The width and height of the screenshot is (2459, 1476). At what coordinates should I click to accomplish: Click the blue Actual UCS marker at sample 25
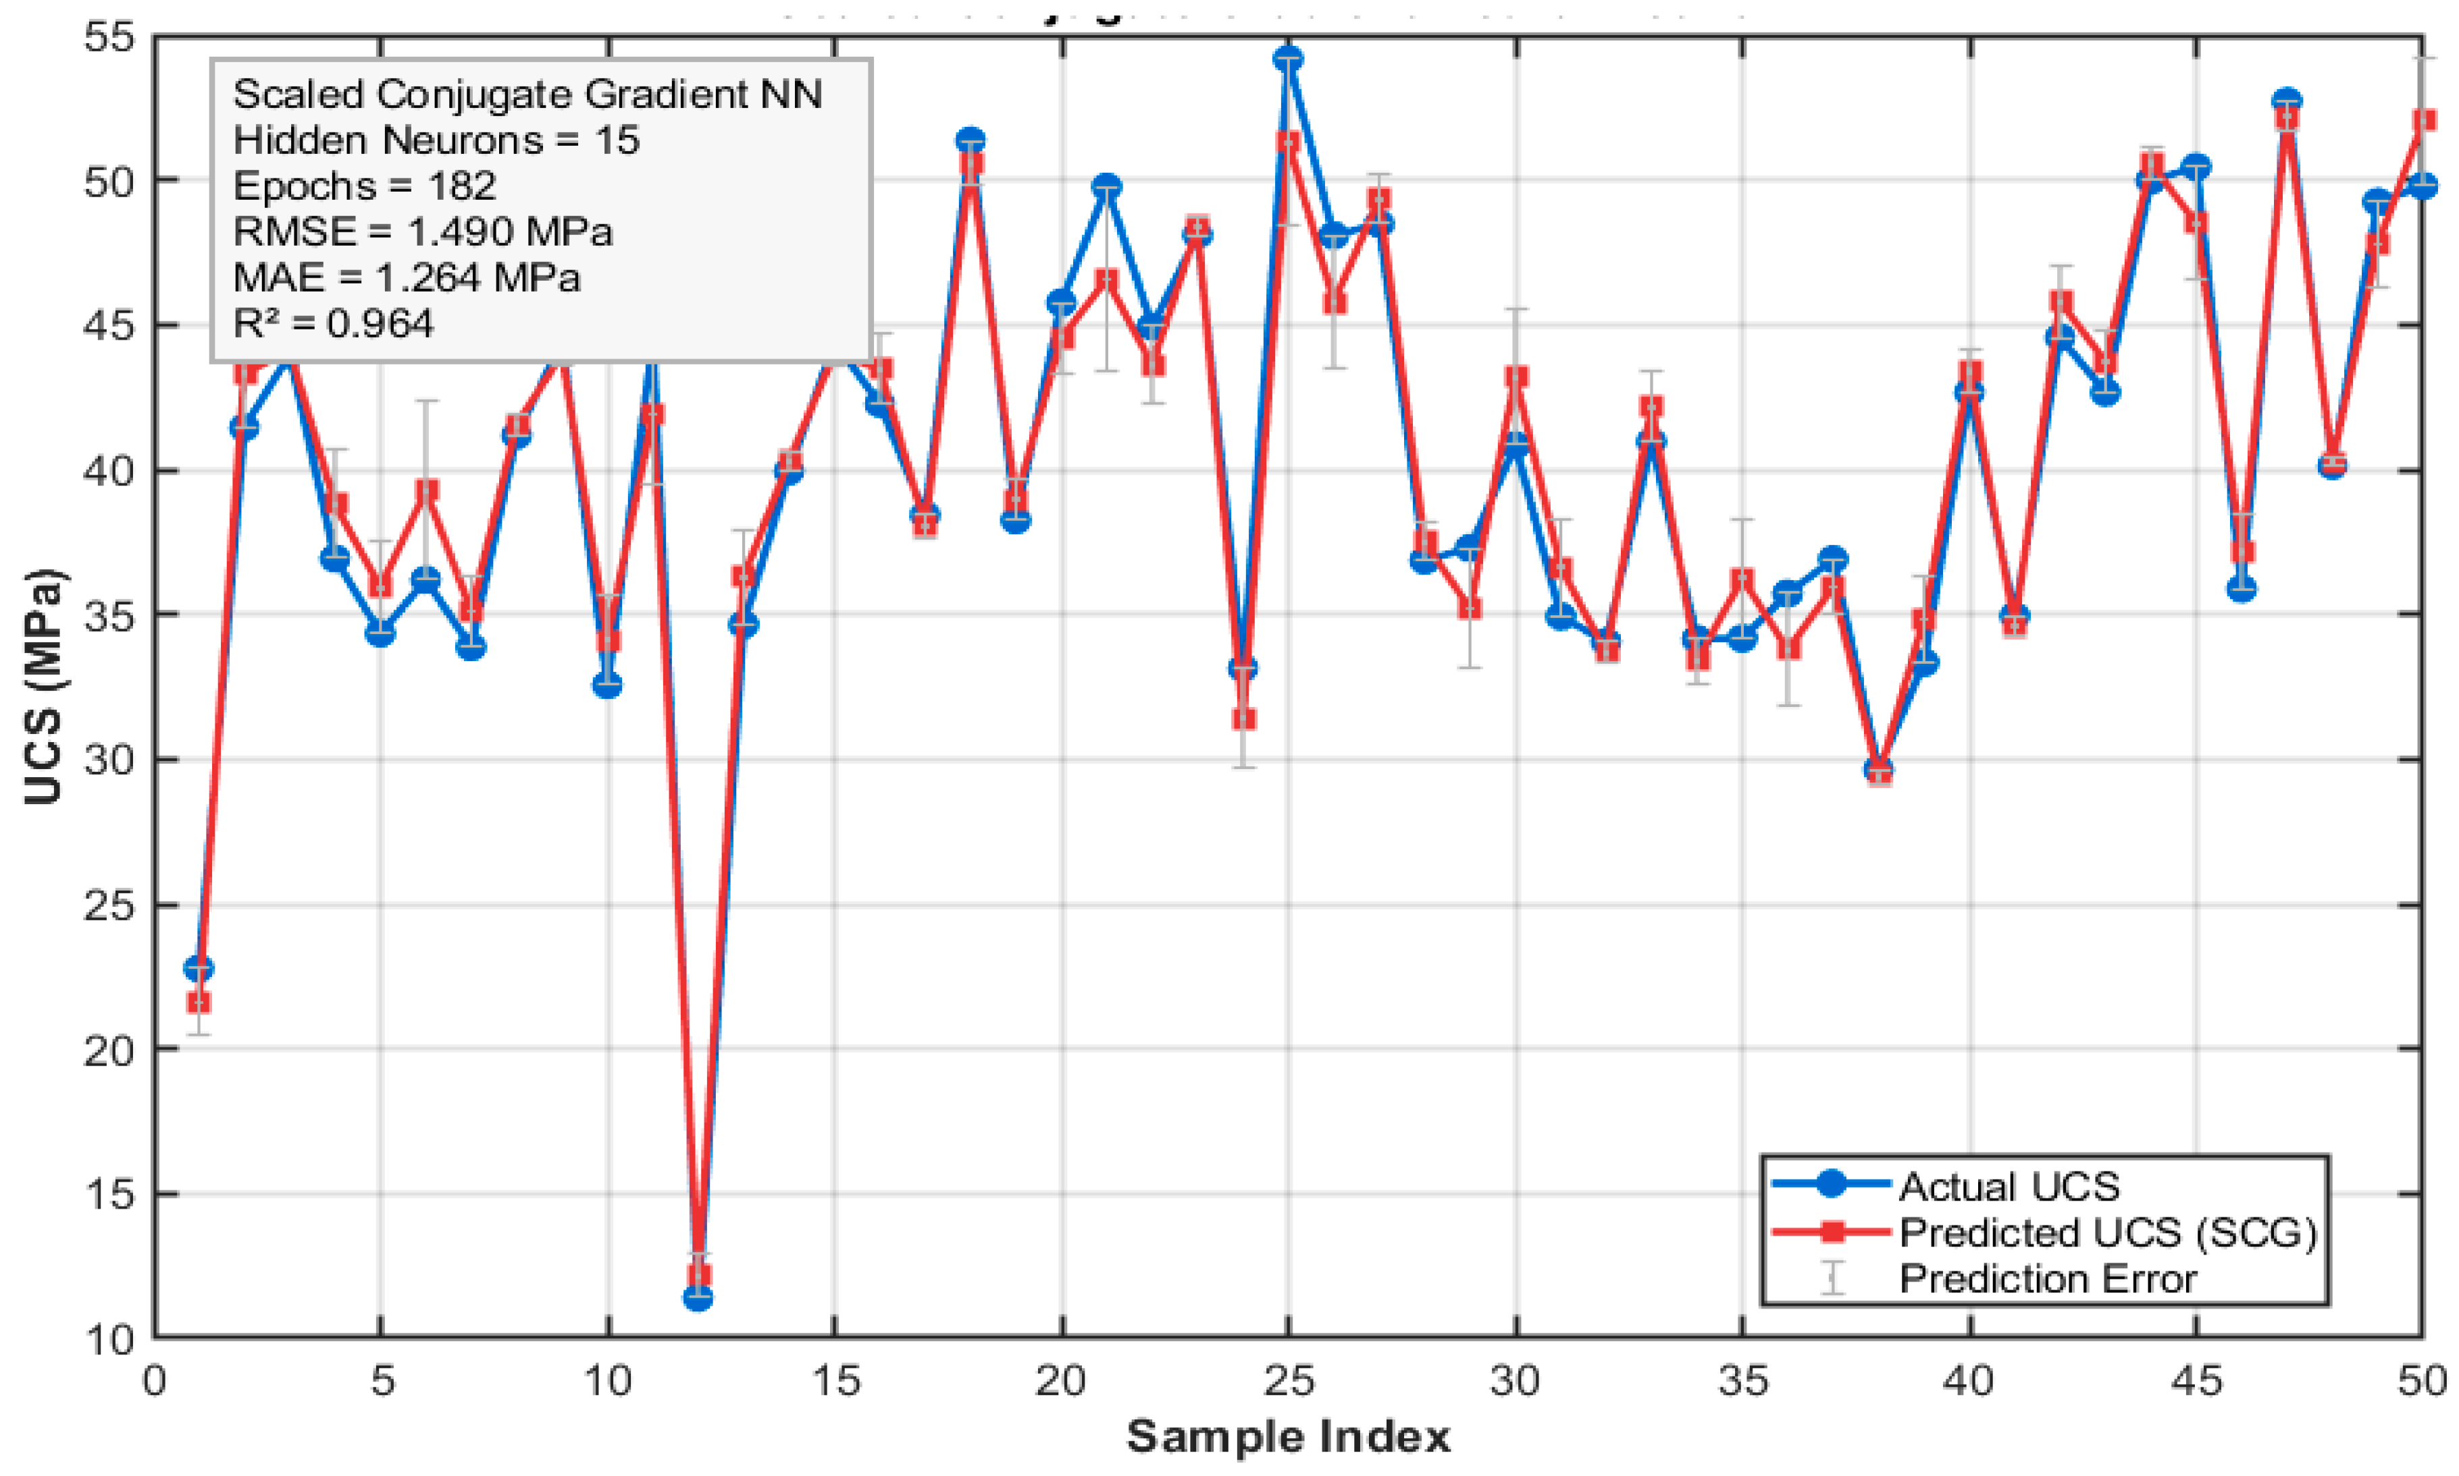click(1287, 59)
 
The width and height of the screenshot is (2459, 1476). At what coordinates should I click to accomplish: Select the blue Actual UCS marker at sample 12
click(698, 1297)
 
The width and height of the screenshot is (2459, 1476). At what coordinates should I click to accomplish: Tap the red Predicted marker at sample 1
click(199, 1001)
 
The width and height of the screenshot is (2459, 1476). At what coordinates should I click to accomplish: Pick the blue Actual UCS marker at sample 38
click(1878, 770)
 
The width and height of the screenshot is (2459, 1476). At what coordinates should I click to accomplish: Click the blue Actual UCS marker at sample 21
click(1106, 187)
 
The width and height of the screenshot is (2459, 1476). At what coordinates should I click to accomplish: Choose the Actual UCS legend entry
click(2009, 1186)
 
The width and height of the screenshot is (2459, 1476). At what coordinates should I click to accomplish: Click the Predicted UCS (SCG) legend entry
click(2108, 1232)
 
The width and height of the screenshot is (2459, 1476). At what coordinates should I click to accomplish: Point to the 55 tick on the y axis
click(109, 38)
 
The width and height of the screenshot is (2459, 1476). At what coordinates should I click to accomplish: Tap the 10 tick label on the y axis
click(109, 1339)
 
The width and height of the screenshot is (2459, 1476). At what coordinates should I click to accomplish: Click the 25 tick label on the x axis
click(1288, 1381)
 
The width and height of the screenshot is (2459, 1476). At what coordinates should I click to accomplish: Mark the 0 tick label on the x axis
click(154, 1381)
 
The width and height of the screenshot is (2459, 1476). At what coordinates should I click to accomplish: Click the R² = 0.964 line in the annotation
click(333, 323)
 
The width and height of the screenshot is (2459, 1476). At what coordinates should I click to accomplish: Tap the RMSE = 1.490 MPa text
click(423, 232)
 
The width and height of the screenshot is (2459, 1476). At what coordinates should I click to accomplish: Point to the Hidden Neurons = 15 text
click(436, 140)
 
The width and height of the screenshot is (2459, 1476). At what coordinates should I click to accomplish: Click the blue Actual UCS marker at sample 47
click(2287, 101)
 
